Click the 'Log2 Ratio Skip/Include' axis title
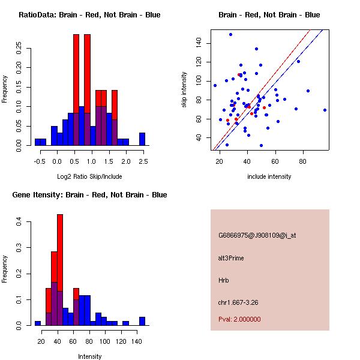click(89, 176)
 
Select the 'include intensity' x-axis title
click(270, 176)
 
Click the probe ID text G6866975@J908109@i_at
click(257, 235)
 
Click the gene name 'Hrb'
click(224, 280)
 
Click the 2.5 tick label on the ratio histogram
click(143, 161)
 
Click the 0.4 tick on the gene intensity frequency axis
click(19, 222)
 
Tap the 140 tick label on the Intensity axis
click(137, 341)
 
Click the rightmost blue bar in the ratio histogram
click(142, 139)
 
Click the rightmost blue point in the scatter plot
click(325, 110)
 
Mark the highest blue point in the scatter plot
click(230, 34)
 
